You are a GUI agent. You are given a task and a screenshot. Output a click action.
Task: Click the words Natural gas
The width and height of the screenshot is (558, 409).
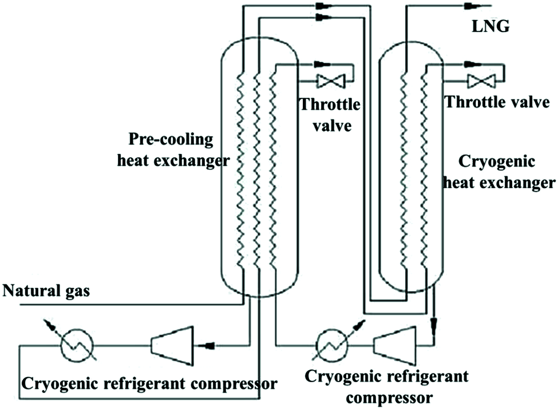tap(46, 291)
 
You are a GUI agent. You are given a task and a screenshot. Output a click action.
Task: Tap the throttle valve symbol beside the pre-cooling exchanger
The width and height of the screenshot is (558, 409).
tap(330, 81)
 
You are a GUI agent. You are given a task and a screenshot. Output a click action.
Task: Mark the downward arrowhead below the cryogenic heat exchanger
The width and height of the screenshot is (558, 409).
tap(434, 323)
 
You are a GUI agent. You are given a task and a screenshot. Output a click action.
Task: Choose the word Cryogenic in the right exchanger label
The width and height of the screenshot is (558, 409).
tap(498, 162)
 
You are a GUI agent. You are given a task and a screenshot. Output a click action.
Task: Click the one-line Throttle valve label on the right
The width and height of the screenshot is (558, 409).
tap(497, 103)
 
